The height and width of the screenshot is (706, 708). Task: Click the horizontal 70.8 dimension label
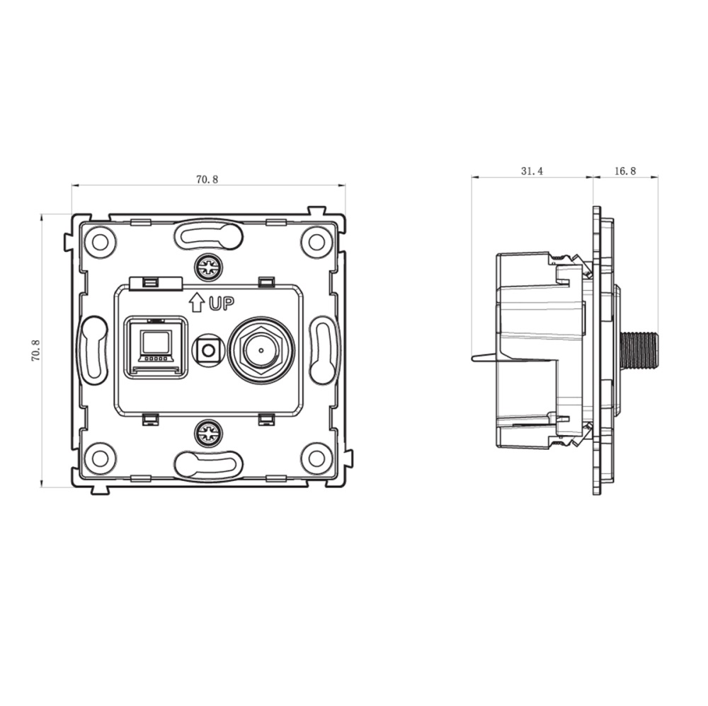click(207, 180)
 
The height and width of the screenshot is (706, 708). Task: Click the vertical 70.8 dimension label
click(36, 350)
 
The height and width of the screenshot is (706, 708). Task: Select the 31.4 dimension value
click(532, 171)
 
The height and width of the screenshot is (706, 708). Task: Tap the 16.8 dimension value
click(626, 171)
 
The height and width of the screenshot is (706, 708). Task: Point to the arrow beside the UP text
click(197, 303)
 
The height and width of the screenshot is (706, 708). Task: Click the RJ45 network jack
click(156, 347)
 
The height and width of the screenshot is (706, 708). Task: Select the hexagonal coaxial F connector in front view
click(258, 349)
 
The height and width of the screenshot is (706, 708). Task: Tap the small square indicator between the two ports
click(208, 349)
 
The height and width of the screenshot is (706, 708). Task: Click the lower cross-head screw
click(209, 433)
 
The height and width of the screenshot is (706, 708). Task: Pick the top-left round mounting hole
click(100, 242)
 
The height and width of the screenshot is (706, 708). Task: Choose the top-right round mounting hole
click(316, 242)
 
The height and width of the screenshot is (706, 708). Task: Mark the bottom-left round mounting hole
click(100, 458)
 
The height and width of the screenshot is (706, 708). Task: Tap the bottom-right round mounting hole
click(316, 458)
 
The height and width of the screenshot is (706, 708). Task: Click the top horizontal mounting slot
click(208, 236)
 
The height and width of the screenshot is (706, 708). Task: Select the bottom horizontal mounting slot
click(208, 465)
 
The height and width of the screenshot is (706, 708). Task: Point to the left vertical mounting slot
click(93, 350)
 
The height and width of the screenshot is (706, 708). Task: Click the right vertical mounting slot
click(324, 350)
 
